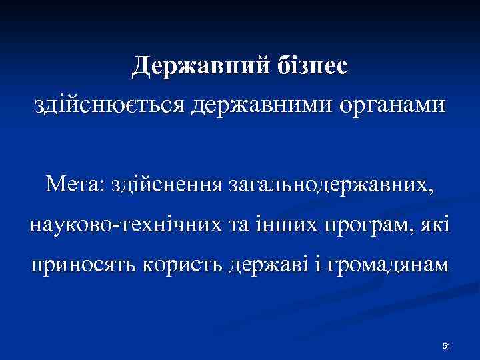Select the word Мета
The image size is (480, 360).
click(x=69, y=181)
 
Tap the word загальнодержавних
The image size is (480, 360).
click(x=331, y=182)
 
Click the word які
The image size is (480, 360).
click(x=435, y=222)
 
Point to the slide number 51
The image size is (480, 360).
click(x=447, y=345)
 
